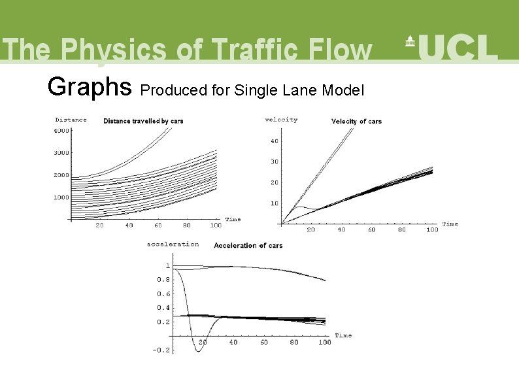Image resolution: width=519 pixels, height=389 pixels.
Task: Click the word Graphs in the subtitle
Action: (x=90, y=86)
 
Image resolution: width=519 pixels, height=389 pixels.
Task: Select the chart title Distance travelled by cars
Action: (x=143, y=121)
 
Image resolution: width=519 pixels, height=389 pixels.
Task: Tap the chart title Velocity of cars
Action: (x=356, y=121)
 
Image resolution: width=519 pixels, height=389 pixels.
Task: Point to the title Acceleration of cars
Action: (x=248, y=245)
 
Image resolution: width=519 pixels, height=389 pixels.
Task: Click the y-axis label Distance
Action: (x=71, y=120)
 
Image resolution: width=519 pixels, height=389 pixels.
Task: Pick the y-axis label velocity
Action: (x=281, y=120)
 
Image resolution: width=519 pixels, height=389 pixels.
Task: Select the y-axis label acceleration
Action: (x=173, y=244)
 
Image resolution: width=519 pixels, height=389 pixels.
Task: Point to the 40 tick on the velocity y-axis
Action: (x=274, y=141)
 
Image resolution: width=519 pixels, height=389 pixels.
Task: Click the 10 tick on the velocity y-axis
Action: (x=274, y=203)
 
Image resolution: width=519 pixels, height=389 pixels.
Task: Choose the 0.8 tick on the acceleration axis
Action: (x=162, y=280)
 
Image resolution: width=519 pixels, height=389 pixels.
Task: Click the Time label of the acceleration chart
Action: (x=343, y=335)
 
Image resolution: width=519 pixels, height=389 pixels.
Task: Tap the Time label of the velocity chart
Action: (x=450, y=224)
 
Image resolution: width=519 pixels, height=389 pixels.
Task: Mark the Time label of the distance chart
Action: (x=233, y=220)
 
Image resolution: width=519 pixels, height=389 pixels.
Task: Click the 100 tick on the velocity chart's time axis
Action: (x=431, y=230)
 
